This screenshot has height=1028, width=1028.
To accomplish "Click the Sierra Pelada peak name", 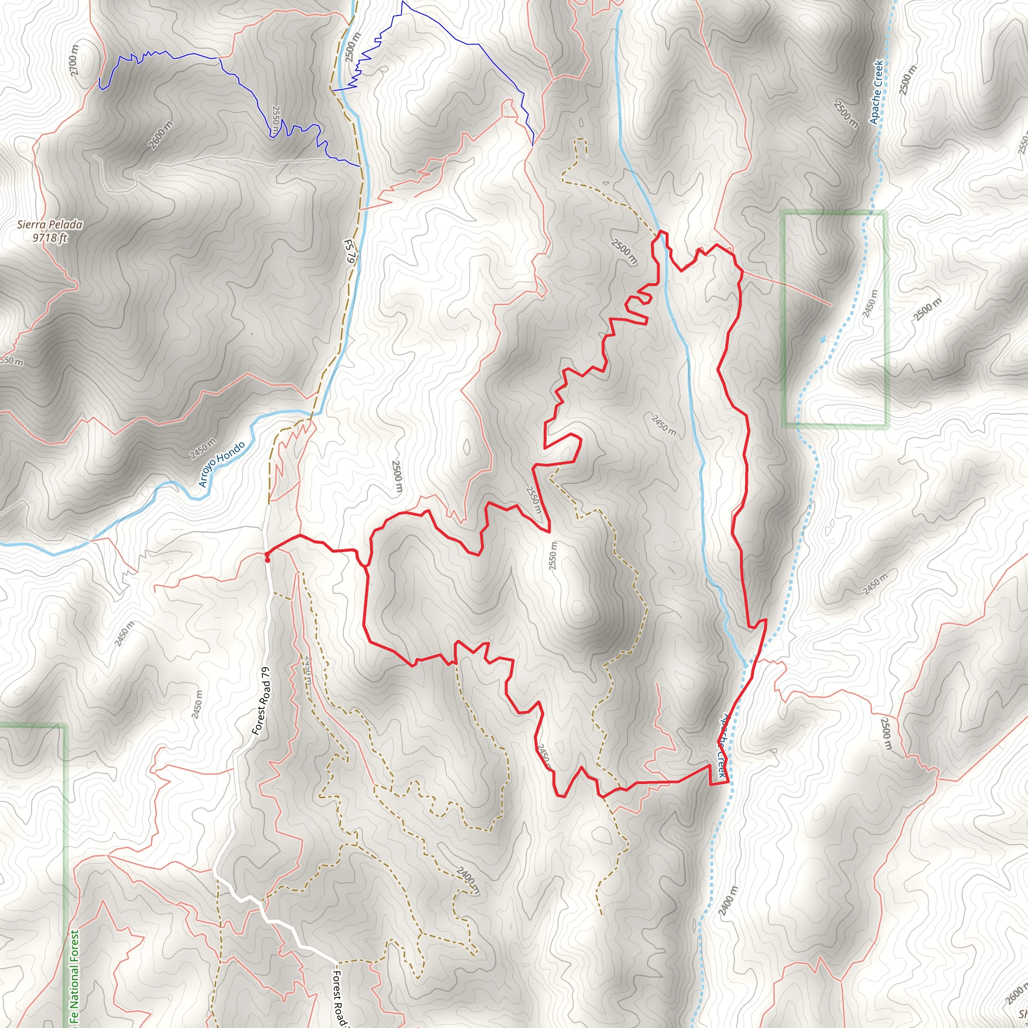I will (50, 224).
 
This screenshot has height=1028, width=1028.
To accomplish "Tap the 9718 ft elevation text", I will (50, 237).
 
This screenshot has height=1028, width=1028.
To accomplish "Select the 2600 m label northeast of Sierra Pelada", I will (161, 135).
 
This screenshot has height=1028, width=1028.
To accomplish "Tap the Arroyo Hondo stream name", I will (222, 464).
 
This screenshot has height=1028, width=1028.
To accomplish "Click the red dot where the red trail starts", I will (267, 560).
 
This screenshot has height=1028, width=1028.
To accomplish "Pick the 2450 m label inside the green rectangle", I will (870, 304).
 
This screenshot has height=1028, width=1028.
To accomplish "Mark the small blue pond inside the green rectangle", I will (824, 338).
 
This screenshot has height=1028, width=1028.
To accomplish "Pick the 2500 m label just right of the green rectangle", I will (928, 310).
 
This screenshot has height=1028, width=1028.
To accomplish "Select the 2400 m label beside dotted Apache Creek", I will (728, 901).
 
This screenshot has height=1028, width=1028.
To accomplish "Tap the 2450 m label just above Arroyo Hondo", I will (203, 449).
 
